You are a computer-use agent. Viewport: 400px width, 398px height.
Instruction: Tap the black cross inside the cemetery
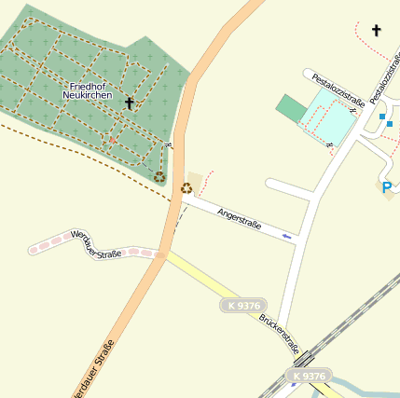click(129, 103)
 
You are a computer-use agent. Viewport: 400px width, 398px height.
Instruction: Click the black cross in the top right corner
click(377, 31)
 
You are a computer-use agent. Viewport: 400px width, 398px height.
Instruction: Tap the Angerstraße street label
click(239, 220)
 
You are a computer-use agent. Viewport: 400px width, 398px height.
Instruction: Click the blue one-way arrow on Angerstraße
click(286, 237)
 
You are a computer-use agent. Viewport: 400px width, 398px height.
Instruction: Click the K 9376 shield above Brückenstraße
click(243, 305)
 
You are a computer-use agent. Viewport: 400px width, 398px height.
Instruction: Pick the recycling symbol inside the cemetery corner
click(159, 176)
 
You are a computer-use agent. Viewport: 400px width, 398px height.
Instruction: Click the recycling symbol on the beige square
click(186, 187)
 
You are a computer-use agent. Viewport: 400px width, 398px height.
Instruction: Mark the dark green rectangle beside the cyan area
click(291, 108)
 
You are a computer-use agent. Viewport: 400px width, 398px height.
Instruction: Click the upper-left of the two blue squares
click(381, 117)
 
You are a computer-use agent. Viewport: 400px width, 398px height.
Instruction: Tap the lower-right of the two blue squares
click(390, 123)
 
